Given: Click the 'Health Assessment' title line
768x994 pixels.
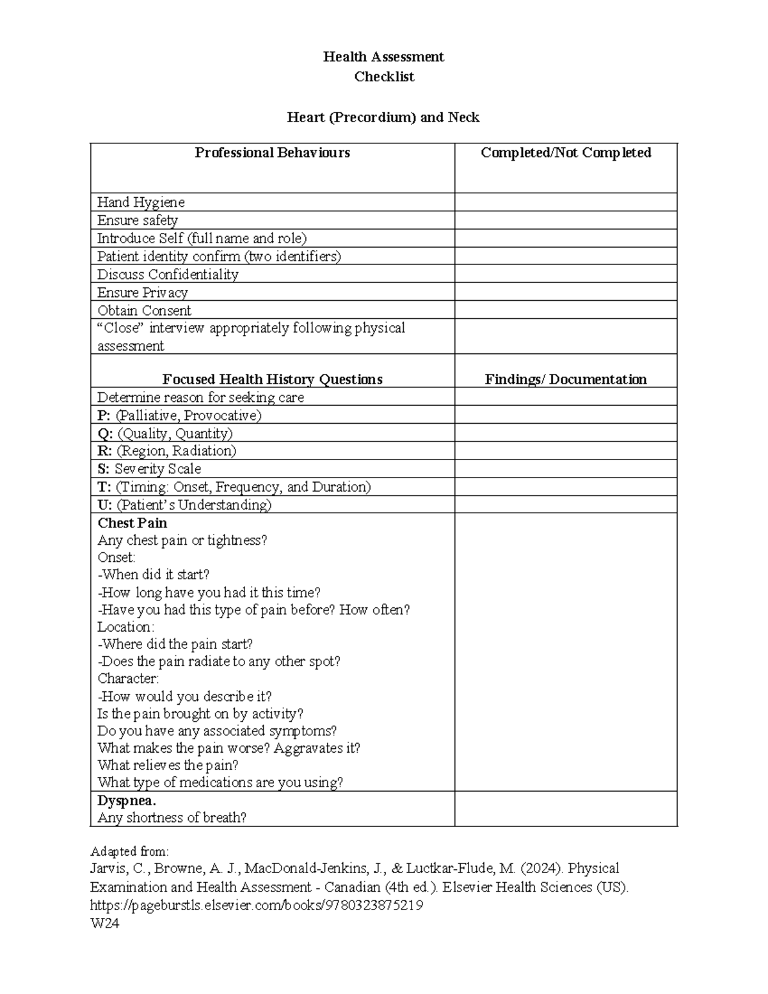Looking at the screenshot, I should click(383, 57).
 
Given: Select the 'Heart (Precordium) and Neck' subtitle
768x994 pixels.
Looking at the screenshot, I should click(383, 117).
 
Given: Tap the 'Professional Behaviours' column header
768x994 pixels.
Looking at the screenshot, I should click(272, 152).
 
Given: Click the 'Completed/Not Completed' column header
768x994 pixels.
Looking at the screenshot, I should click(566, 152).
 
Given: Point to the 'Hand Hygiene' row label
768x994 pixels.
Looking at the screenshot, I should click(141, 202).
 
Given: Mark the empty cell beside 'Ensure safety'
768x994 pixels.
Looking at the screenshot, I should click(566, 220).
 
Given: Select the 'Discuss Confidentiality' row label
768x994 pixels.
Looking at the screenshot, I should click(168, 275).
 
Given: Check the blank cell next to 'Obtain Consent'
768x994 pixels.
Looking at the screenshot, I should click(566, 310).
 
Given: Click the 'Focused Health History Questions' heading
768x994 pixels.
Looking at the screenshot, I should click(272, 379).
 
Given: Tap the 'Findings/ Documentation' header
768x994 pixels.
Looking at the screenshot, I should click(566, 379).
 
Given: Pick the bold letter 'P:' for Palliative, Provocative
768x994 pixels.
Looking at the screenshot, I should click(104, 415).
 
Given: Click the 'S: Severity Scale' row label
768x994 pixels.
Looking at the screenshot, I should click(149, 469).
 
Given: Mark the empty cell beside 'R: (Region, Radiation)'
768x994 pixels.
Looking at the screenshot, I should click(566, 451).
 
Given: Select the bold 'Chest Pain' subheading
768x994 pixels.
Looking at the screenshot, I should click(132, 523).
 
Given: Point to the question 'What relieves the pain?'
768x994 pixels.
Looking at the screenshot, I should click(168, 765).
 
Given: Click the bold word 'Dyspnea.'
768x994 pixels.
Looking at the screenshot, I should click(127, 800).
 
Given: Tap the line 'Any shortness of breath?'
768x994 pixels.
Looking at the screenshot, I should click(172, 817).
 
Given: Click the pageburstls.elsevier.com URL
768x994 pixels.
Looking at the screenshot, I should click(257, 906).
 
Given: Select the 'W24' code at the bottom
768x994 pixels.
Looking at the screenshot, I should click(104, 924).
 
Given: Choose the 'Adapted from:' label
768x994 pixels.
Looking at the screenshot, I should click(129, 851).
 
